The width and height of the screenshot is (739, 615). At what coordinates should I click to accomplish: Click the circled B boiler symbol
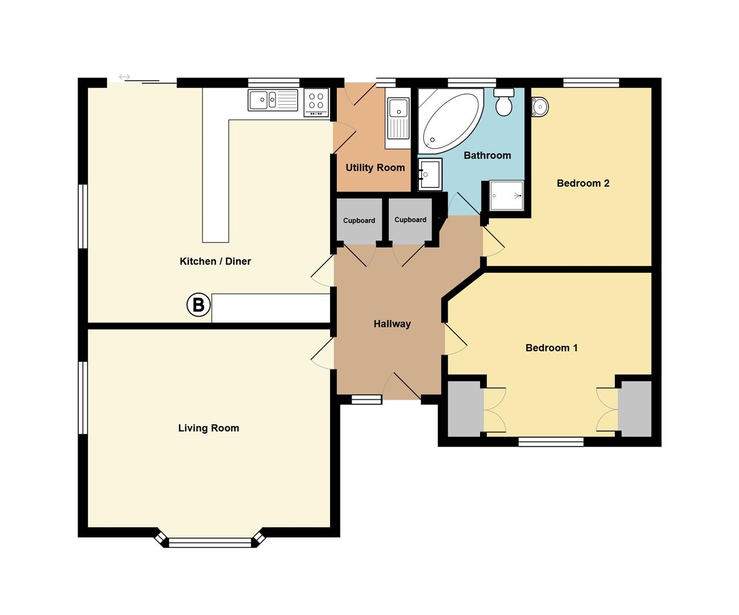tap(198, 304)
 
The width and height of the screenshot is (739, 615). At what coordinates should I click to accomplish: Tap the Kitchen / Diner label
tap(215, 261)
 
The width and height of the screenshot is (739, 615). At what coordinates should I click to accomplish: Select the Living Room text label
tap(209, 428)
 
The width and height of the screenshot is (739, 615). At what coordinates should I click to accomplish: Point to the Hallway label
tap(392, 324)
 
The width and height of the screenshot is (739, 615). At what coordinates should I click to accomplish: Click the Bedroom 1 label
tap(551, 348)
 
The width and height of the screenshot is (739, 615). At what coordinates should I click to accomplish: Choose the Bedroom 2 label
tap(583, 183)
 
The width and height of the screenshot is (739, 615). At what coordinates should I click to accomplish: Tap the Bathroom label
tap(487, 155)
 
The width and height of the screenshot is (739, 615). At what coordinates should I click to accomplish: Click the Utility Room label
tap(375, 167)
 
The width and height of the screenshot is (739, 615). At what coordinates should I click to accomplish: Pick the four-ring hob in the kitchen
tap(316, 102)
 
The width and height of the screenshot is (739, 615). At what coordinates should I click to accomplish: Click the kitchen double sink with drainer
tap(273, 100)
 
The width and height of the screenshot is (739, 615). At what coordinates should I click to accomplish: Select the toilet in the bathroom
tap(504, 102)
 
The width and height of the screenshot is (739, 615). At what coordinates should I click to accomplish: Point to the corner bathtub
tap(451, 121)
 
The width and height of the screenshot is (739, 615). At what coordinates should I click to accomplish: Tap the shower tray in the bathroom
tap(506, 195)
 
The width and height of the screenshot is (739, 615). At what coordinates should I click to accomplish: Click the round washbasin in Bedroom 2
tap(540, 106)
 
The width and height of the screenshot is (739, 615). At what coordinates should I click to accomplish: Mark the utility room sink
tap(398, 118)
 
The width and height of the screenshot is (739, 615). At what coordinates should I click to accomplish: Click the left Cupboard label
tap(359, 220)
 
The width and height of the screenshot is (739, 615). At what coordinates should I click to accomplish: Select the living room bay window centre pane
tap(210, 543)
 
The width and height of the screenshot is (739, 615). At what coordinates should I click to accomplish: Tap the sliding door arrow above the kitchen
tap(124, 77)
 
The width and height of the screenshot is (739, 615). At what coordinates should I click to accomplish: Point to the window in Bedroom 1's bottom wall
tap(551, 442)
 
